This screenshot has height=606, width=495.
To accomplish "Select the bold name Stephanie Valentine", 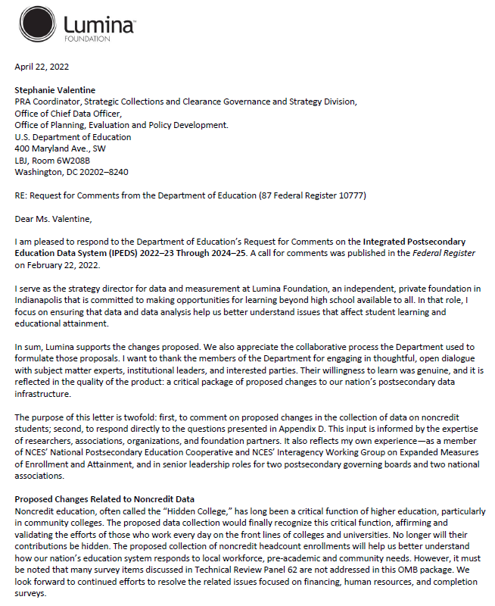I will [x=56, y=89].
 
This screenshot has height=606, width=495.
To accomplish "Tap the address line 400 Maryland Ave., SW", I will [x=61, y=148].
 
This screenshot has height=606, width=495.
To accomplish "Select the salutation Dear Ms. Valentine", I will [x=53, y=219].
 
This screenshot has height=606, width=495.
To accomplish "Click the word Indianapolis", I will [x=39, y=300].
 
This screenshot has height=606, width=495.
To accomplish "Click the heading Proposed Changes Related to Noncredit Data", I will [x=104, y=499].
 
